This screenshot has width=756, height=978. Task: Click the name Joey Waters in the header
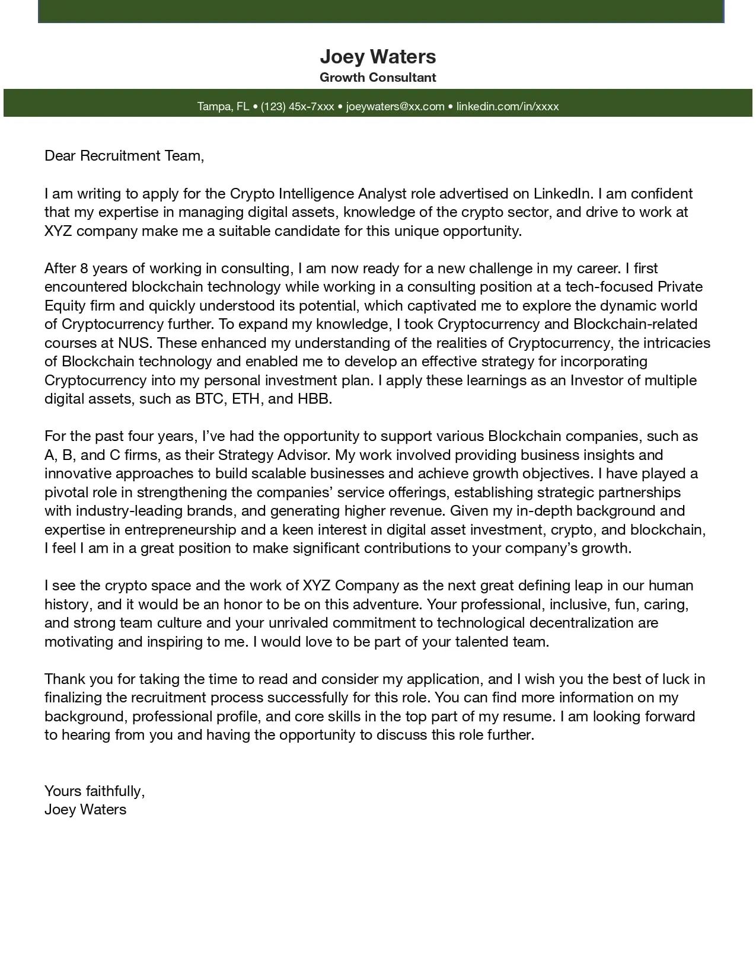coord(378,57)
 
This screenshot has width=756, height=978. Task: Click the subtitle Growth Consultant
coord(378,77)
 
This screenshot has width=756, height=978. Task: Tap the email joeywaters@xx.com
coord(395,107)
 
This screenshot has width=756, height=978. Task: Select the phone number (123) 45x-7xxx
coord(297,107)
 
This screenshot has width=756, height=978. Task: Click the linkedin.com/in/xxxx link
coord(508,107)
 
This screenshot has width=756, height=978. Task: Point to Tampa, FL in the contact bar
coord(223,107)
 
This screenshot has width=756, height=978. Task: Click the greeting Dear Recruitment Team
coord(124,156)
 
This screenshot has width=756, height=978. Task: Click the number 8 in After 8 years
coord(84,269)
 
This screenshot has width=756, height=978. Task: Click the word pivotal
coord(68,493)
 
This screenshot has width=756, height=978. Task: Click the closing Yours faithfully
coord(94,791)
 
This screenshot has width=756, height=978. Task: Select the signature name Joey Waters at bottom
coord(85,810)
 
